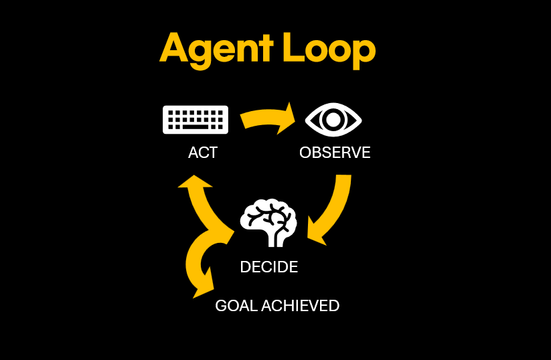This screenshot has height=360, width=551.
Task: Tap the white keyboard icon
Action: pyautogui.click(x=195, y=120)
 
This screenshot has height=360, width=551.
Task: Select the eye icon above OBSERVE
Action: pyautogui.click(x=333, y=120)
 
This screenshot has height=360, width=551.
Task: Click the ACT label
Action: pyautogui.click(x=203, y=153)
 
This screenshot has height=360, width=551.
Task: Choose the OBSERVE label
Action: pyautogui.click(x=335, y=153)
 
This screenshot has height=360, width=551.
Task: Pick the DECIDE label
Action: pyautogui.click(x=268, y=267)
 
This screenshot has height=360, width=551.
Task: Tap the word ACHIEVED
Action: pyautogui.click(x=300, y=306)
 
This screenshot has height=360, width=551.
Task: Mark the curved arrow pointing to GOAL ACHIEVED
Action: pyautogui.click(x=195, y=264)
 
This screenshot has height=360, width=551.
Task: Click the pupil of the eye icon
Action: pyautogui.click(x=333, y=120)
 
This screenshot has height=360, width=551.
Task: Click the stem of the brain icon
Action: pyautogui.click(x=272, y=237)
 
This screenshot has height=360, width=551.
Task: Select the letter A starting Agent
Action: pyautogui.click(x=175, y=49)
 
